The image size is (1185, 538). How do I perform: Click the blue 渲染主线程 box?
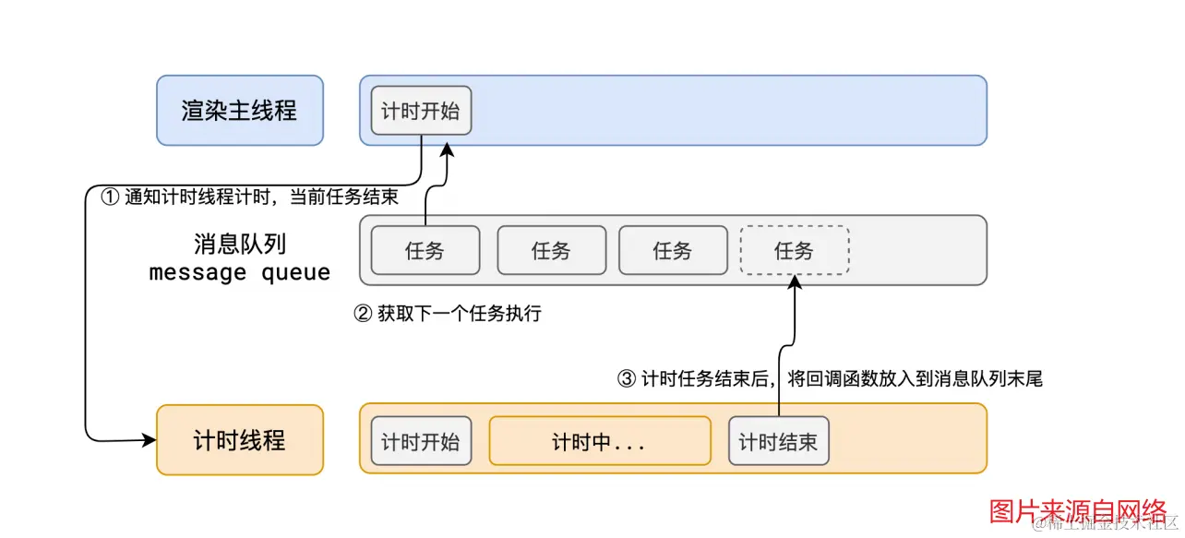(239, 111)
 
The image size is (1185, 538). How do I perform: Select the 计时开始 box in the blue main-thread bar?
(420, 112)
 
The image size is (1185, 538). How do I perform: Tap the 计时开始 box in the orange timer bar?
(420, 441)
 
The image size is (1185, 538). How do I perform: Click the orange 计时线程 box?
(240, 440)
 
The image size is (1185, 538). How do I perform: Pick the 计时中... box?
(599, 441)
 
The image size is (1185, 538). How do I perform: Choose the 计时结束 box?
(778, 441)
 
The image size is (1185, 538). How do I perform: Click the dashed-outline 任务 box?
(794, 250)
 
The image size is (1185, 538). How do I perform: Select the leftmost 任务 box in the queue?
(425, 250)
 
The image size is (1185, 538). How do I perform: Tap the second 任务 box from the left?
(551, 250)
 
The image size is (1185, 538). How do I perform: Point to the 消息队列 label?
(240, 244)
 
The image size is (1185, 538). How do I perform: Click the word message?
(197, 273)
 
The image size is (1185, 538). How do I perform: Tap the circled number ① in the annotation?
(110, 197)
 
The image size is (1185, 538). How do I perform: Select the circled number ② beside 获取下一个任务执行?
(363, 314)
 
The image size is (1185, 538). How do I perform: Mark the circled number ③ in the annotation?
(627, 378)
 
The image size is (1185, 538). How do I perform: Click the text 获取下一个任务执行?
(459, 314)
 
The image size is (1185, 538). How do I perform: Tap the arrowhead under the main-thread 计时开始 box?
(448, 149)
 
